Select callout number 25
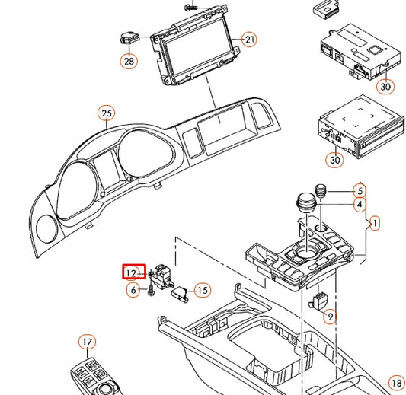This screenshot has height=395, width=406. point(106,114)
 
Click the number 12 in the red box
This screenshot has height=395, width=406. point(133,272)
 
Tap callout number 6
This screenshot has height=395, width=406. point(133,290)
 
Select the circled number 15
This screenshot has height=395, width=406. point(202,289)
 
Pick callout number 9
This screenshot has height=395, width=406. point(330,315)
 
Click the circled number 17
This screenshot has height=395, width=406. point(88,342)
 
